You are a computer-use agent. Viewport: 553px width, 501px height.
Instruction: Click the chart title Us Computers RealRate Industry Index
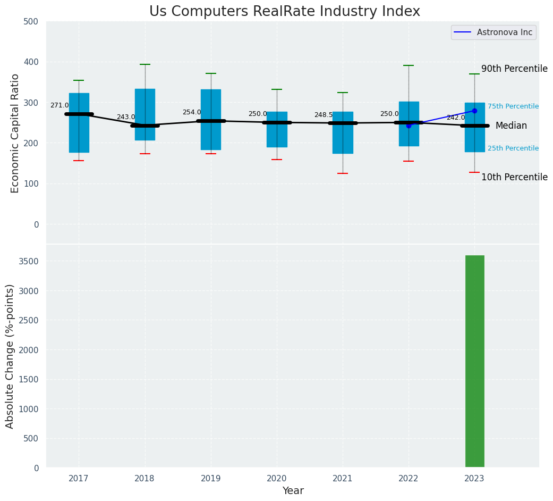284,12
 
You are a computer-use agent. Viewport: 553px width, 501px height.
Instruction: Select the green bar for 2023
474,362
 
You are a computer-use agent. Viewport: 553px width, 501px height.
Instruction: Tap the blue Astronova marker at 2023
474,111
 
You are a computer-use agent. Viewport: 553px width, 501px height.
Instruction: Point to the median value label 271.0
59,105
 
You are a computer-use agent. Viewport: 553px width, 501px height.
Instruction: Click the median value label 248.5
324,115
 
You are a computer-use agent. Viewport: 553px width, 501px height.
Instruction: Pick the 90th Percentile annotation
514,69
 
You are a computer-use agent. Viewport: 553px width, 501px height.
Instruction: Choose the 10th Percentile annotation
514,177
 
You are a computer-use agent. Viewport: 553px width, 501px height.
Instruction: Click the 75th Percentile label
513,106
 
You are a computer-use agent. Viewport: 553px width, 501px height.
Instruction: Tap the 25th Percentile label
513,148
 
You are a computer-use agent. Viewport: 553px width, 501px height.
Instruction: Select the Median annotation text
511,126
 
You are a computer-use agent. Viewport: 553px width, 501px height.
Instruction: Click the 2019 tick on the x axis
211,479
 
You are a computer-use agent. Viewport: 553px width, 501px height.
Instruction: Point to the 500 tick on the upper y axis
31,21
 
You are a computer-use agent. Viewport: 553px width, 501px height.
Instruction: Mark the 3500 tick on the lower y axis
28,261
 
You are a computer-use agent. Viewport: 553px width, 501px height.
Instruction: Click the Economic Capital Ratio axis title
15,133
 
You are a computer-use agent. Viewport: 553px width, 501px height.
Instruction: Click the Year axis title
293,491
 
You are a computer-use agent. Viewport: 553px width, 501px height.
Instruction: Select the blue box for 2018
145,114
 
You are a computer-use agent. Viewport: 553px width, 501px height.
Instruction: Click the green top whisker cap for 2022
409,65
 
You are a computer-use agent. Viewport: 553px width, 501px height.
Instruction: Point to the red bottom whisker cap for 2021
343,173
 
